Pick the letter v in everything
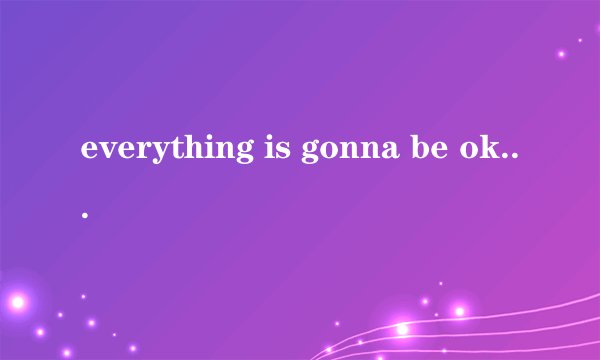(x=104, y=151)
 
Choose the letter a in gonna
(x=359, y=151)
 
